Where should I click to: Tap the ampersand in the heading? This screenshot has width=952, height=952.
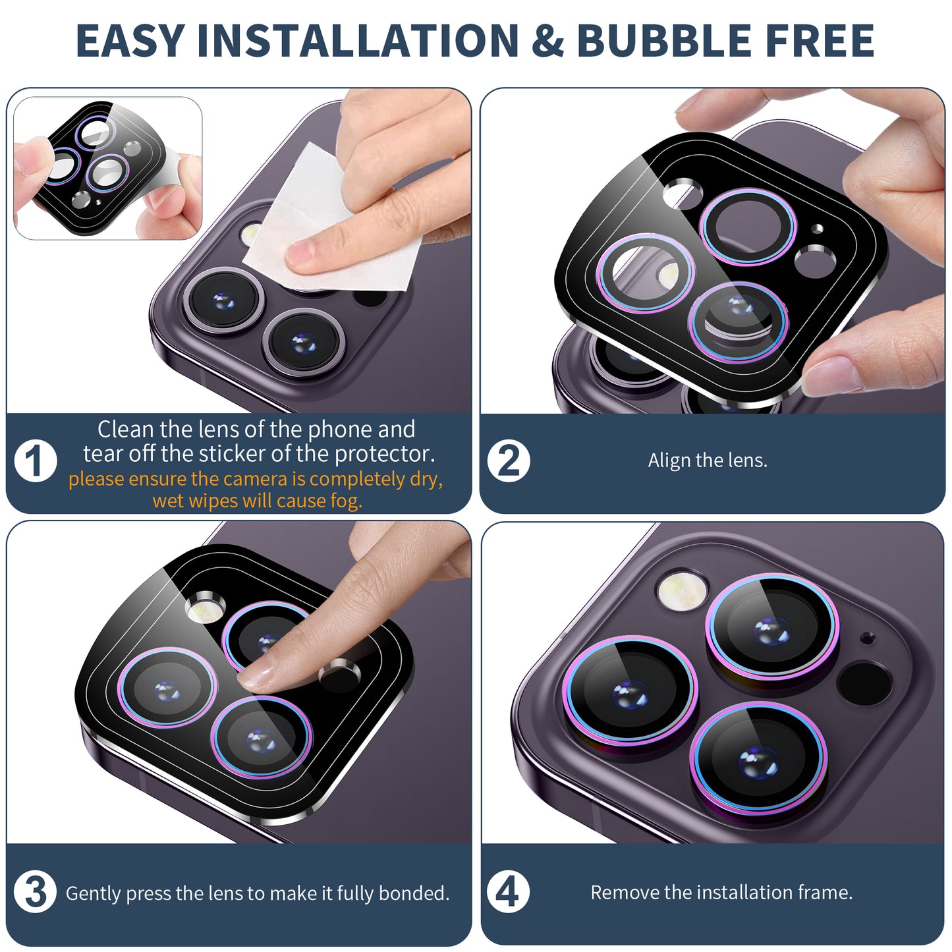pos(548,40)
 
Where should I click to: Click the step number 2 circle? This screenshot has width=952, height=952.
pos(509,461)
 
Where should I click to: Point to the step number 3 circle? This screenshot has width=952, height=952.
pos(35,892)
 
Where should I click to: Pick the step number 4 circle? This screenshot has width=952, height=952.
pos(508,892)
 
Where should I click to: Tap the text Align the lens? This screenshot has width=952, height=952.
pos(708,461)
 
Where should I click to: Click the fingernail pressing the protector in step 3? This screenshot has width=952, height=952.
pos(256,676)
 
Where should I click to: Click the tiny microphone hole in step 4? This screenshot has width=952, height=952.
pos(867,638)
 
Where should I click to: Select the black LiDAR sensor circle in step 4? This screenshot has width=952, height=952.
pos(864,684)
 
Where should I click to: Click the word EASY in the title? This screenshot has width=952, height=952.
pos(130,40)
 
